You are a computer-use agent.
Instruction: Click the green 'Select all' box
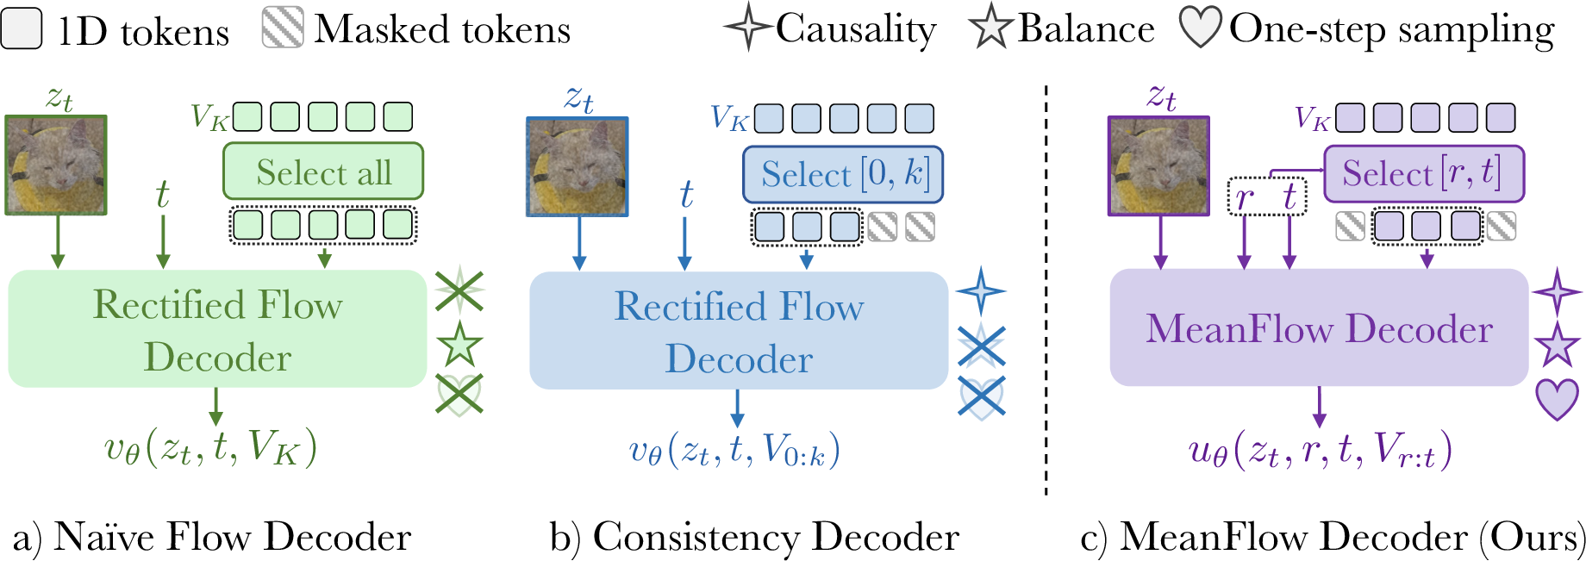coord(323,171)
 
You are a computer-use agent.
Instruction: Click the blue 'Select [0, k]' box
coord(843,174)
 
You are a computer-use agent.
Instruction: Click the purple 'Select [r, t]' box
coord(1424,173)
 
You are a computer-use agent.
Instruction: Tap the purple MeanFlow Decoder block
coord(1319,328)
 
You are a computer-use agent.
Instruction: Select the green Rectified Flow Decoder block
coord(217,329)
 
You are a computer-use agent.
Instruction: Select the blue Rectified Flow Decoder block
coord(739,331)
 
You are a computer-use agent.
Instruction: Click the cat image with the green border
coord(56,165)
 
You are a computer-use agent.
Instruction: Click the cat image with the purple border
coord(1158,166)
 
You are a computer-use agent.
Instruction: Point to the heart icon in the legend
coord(1200,28)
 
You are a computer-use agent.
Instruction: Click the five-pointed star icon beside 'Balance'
coord(990,28)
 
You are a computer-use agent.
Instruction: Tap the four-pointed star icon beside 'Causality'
coord(747,28)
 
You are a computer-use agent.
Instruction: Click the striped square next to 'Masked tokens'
coord(283,28)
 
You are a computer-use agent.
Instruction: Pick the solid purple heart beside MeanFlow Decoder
coord(1557,400)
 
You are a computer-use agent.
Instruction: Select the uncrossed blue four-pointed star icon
coord(981,291)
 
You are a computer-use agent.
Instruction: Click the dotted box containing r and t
coord(1266,196)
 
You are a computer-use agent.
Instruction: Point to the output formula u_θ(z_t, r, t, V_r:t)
coord(1319,450)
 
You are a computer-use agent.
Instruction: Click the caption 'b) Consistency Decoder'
coord(754,537)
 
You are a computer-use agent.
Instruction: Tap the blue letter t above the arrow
coord(686,195)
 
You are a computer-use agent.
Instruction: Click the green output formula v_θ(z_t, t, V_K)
coord(211,448)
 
